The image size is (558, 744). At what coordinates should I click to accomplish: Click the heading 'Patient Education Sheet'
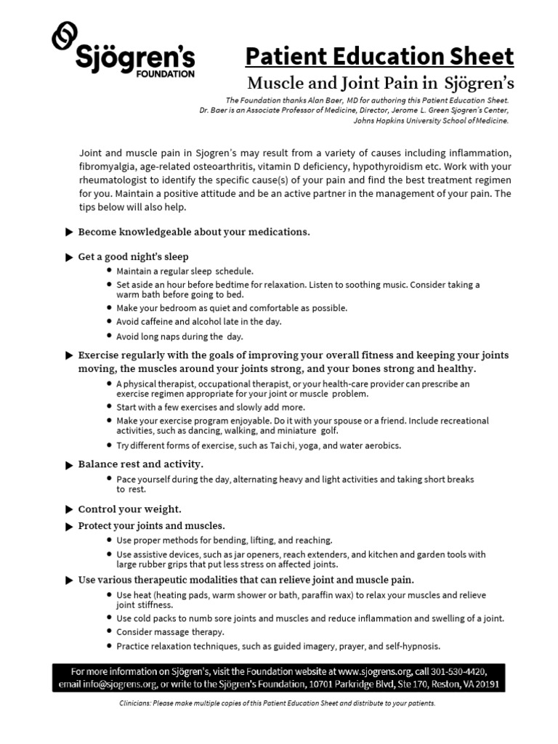(x=379, y=56)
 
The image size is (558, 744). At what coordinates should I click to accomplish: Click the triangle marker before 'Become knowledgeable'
(x=69, y=232)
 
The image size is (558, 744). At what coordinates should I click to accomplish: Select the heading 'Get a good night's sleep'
(x=133, y=256)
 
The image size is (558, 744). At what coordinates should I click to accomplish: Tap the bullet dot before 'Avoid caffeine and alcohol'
(x=109, y=321)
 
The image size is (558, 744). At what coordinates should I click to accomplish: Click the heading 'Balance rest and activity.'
(x=141, y=464)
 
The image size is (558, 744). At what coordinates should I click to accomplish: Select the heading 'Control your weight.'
(x=129, y=509)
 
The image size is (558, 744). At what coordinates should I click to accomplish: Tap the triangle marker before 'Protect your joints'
(x=69, y=526)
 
